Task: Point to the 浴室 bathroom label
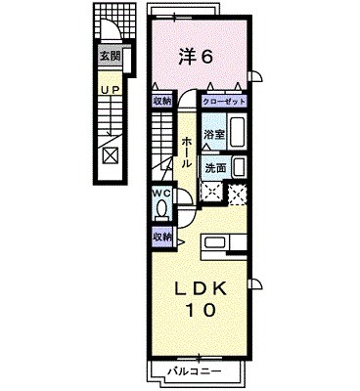(212, 134)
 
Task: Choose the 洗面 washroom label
(214, 167)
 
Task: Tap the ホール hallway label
(186, 152)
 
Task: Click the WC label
(161, 193)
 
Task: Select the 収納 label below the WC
(162, 237)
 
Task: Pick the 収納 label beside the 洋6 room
(162, 101)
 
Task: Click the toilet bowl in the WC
(161, 211)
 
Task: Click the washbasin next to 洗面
(238, 167)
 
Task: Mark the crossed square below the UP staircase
(110, 155)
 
